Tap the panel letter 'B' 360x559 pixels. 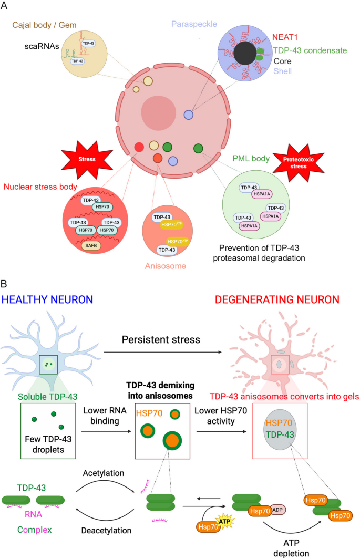(5, 283)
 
